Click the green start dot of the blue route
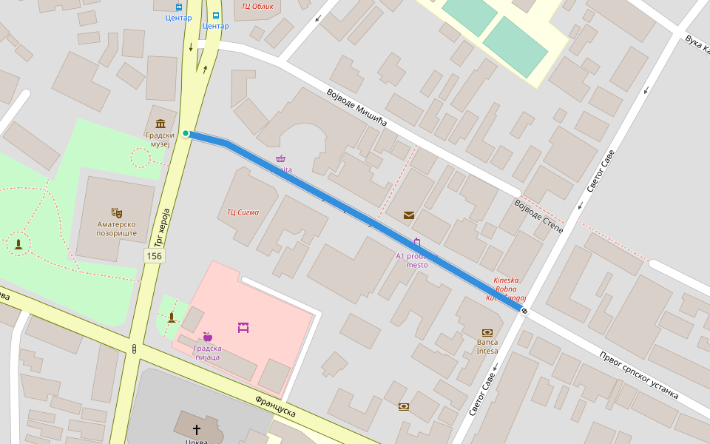coord(186,134)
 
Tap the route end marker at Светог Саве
coord(524,311)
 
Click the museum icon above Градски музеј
coord(160,124)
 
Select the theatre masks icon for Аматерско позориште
coord(116,213)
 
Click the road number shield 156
coord(154,256)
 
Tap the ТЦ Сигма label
coord(243,212)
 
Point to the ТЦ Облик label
coord(257,6)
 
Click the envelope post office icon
coord(408,215)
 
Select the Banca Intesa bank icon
coord(487,333)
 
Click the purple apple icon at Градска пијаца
coord(207,337)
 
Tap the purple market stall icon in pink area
coord(243,327)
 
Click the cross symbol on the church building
coord(197,428)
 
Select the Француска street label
coord(275,406)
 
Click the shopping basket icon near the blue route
coord(281,158)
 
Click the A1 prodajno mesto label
coord(416,260)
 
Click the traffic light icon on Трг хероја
coord(134,349)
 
